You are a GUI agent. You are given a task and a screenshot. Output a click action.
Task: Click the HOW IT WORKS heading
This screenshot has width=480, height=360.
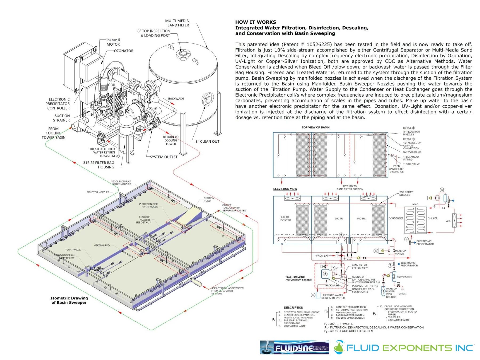(x=255, y=22)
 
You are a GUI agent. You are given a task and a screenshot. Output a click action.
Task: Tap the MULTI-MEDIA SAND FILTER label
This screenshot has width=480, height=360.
(x=177, y=23)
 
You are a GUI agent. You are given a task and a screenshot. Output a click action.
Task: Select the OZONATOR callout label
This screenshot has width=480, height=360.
(x=123, y=51)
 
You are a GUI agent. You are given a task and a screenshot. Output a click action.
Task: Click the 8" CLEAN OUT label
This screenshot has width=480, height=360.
(x=207, y=141)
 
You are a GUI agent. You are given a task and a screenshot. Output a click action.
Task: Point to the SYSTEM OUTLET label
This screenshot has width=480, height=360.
(x=163, y=157)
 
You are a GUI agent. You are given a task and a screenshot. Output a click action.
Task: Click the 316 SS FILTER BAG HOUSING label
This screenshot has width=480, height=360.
(x=99, y=165)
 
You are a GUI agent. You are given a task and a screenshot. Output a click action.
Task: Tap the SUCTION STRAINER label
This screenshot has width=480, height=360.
(x=62, y=118)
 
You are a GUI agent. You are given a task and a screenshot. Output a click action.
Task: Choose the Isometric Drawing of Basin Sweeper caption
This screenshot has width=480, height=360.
(x=69, y=300)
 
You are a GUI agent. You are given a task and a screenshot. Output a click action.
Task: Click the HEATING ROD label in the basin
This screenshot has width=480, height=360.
(x=101, y=245)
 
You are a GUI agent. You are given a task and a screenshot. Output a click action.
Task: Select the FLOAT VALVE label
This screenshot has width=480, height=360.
(x=73, y=250)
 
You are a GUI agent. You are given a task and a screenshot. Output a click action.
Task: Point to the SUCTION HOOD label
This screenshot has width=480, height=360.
(x=209, y=199)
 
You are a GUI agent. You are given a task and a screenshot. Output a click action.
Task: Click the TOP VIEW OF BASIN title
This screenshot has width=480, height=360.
(x=315, y=127)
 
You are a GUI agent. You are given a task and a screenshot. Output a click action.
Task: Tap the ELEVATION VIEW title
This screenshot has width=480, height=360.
(x=285, y=189)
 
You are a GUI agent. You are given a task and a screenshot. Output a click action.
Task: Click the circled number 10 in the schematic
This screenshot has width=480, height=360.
(x=442, y=190)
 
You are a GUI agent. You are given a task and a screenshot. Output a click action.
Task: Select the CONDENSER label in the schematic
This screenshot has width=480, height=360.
(x=396, y=218)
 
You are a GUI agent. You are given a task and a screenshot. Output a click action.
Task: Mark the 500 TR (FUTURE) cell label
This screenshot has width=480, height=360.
(x=285, y=218)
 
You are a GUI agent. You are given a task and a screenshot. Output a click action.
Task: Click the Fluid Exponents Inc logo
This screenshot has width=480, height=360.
(x=403, y=347)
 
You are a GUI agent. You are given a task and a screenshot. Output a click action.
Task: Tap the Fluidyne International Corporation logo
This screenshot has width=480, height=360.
(x=294, y=347)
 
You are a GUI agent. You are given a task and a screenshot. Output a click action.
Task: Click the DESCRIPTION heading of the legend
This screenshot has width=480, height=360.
(x=293, y=307)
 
